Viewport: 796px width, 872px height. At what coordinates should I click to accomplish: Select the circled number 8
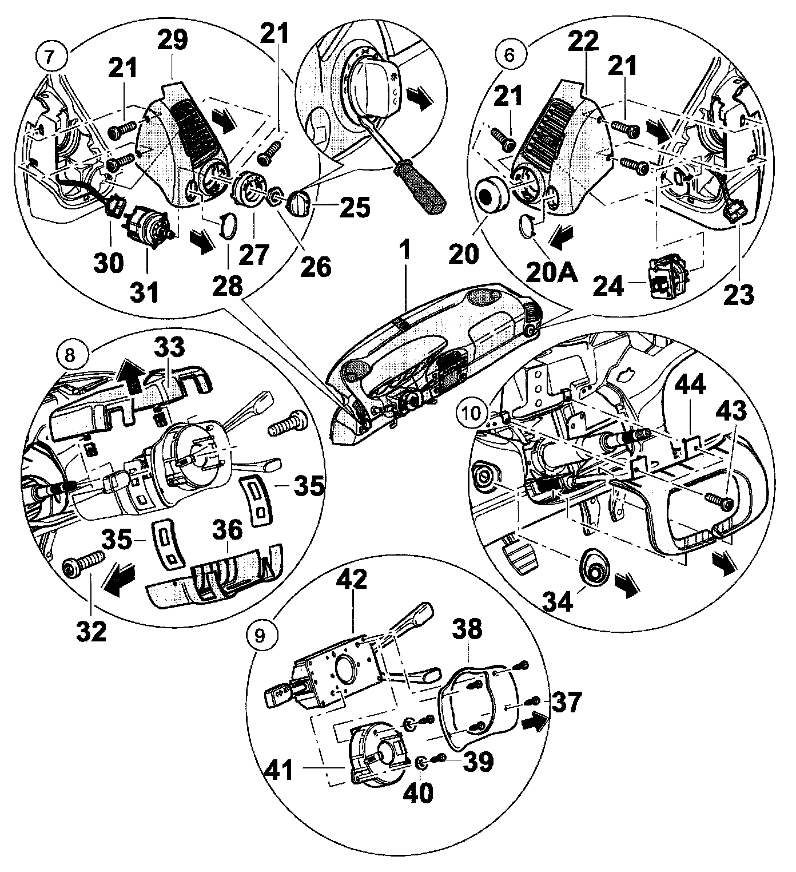pos(69,355)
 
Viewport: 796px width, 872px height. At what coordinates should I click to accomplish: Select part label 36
pos(227,534)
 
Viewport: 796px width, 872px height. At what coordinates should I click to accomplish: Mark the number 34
pos(557,601)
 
